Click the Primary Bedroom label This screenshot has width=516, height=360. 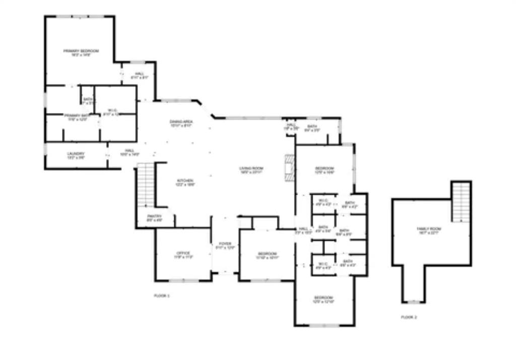[81, 51]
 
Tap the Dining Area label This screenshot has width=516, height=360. [181, 121]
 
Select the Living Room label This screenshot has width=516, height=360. [251, 168]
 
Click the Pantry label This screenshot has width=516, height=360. [155, 216]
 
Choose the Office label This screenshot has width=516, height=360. [183, 253]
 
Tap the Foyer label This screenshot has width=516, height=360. [225, 244]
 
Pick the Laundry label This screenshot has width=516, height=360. [76, 154]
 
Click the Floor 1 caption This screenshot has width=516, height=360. [162, 296]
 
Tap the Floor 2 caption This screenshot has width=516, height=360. [409, 317]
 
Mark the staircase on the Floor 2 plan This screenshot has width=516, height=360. [461, 201]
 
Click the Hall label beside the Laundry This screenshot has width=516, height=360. [130, 150]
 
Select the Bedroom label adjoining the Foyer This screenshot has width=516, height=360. [267, 253]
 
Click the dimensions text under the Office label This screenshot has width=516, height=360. [183, 257]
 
